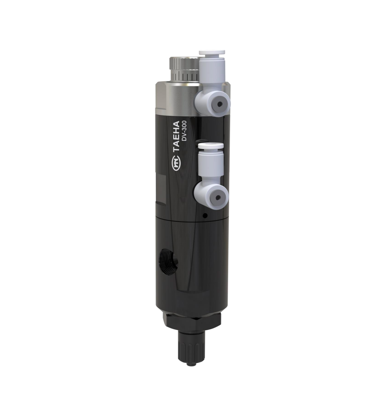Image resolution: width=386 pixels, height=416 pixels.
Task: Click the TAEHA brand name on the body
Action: tap(177, 137)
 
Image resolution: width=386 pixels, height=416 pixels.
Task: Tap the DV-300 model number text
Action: tap(185, 131)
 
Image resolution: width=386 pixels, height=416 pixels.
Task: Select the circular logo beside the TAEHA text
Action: tap(176, 164)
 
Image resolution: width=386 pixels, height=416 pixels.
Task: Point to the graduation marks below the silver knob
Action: tap(186, 76)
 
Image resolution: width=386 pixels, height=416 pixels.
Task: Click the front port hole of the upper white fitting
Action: tap(220, 104)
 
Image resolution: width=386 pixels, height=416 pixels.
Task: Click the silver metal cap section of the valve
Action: tap(174, 99)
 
